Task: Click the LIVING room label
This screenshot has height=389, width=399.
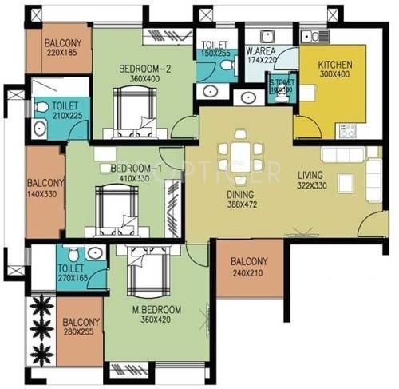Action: (310, 175)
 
